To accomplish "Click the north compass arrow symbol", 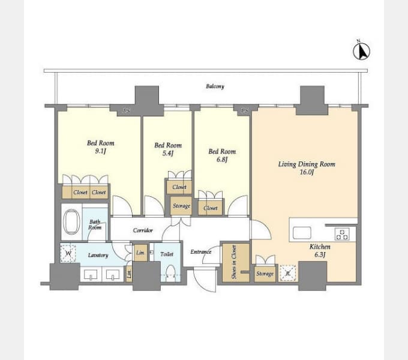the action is [x=361, y=50].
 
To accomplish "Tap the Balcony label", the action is [x=215, y=86].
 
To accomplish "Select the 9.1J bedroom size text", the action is [x=100, y=151].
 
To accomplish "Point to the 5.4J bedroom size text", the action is [x=168, y=153].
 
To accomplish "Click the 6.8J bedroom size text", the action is [x=222, y=159].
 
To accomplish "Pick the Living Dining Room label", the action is [x=307, y=164].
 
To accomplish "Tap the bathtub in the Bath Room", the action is [x=71, y=221].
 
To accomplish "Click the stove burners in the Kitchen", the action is [x=342, y=234].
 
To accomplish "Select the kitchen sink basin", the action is [x=302, y=233].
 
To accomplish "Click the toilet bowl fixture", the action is [x=170, y=272].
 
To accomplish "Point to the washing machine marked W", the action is [x=68, y=253].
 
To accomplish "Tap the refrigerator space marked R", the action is [x=287, y=273].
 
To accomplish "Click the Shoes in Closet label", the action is [x=234, y=262].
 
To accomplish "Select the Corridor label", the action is [x=143, y=230].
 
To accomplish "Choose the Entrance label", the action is [x=200, y=251].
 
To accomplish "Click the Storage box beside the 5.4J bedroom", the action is [x=181, y=206].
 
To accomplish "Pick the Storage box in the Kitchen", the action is [x=265, y=274].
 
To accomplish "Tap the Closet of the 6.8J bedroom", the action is [x=210, y=208].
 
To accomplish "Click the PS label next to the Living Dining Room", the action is [x=244, y=110].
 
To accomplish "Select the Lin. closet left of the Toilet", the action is [x=140, y=253].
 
